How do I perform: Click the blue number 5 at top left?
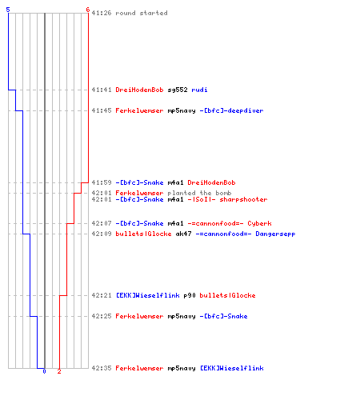pos(8,10)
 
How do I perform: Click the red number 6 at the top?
pos(88,10)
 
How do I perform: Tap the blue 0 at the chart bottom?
pos(44,371)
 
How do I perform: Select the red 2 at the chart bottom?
pos(59,371)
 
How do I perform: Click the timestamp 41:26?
pos(102,13)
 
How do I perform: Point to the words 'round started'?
pos(142,13)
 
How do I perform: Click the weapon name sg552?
pos(178,90)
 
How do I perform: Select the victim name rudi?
pos(199,90)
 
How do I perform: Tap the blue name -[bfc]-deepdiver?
pos(231,110)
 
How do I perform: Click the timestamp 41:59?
pos(102,182)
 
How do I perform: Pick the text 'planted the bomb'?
pos(199,193)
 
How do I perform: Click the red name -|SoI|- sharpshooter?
pos(227,199)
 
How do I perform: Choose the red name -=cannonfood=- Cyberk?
pos(230,223)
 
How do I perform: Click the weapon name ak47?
pos(183,234)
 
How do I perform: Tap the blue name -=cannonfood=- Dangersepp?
pos(246,234)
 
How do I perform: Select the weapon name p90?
pos(190,295)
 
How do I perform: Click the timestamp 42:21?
pos(102,295)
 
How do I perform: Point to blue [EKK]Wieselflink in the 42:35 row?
pos(232,368)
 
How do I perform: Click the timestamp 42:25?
pos(102,316)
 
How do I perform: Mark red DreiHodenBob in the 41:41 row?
pos(139,90)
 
